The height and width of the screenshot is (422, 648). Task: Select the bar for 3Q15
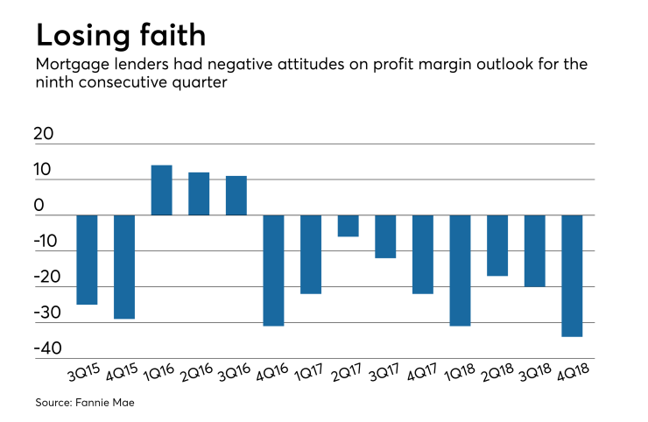[87, 259]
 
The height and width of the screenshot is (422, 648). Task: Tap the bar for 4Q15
[124, 266]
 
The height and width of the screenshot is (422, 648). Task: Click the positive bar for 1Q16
[161, 190]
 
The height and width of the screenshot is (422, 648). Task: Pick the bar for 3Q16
[236, 195]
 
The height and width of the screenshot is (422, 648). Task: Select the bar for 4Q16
[274, 270]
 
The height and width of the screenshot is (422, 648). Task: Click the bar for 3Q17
[386, 236]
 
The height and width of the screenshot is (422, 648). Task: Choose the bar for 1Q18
[461, 270]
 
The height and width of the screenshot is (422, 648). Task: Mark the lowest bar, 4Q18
[573, 275]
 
